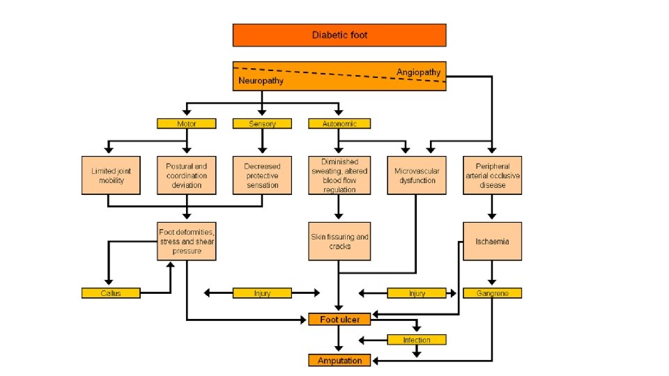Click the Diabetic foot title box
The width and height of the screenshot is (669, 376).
click(339, 35)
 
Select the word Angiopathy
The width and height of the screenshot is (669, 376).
click(418, 72)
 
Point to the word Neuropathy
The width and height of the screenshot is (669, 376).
click(261, 81)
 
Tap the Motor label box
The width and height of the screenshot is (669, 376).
click(187, 124)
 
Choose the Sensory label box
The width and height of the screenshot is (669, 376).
click(262, 124)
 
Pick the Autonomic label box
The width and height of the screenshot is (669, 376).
click(339, 124)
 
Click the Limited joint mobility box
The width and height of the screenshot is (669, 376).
click(111, 175)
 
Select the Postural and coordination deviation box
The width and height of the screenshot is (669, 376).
click(187, 175)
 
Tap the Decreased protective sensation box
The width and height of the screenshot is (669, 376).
click(262, 175)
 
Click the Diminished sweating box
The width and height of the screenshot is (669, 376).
click(339, 175)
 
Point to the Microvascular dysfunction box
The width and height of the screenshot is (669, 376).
click(417, 175)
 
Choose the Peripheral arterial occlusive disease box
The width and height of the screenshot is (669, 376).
click(493, 175)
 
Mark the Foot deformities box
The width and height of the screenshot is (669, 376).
click(187, 242)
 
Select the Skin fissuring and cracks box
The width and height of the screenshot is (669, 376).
click(339, 242)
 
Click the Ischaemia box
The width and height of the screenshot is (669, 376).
click(493, 242)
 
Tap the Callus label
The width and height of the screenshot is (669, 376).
click(111, 293)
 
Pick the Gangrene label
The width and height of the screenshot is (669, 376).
click(493, 293)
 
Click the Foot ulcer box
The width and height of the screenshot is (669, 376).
click(339, 320)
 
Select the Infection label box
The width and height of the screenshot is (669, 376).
click(417, 340)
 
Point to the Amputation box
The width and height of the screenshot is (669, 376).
click(339, 360)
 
